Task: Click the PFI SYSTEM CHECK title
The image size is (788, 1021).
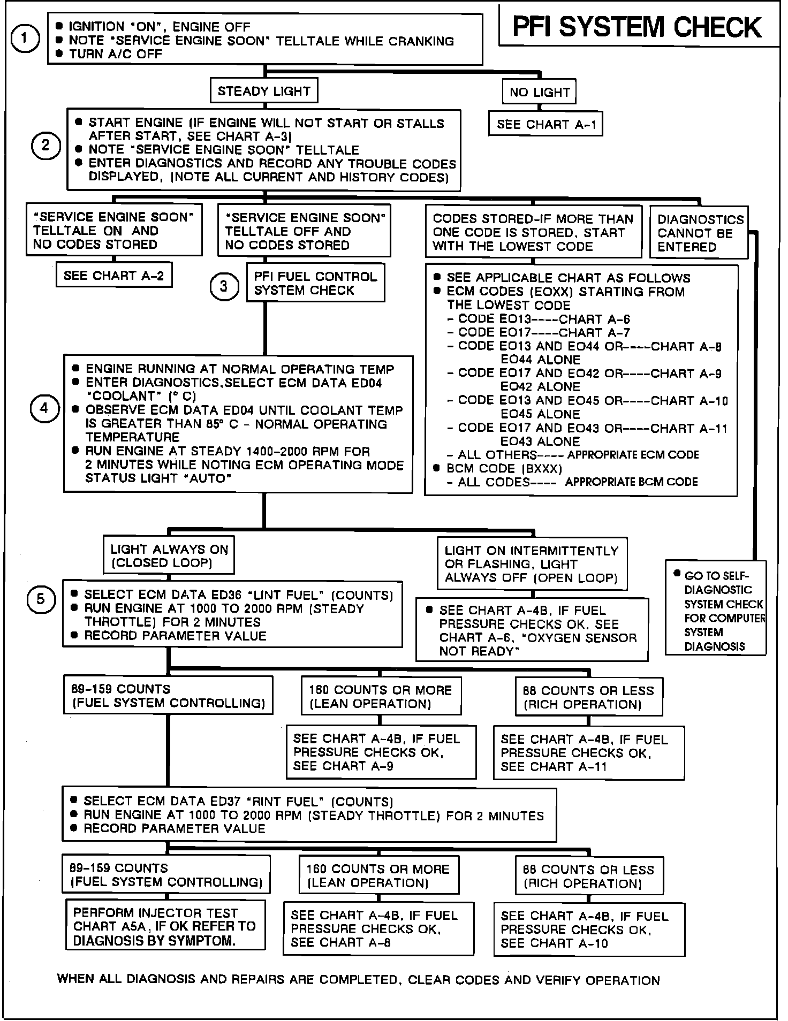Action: point(637,27)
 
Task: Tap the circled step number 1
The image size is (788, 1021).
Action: point(25,40)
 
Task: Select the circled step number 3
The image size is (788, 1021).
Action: point(224,286)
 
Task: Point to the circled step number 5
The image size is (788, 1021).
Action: point(41,599)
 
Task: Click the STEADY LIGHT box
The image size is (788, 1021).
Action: point(264,91)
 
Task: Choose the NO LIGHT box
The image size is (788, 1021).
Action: point(539,92)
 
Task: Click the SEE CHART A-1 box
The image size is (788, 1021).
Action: point(545,125)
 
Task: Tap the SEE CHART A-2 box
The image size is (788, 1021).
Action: point(113,276)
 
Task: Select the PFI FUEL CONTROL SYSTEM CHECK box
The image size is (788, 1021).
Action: point(315,283)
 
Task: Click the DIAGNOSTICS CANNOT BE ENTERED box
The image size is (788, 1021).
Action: point(700,233)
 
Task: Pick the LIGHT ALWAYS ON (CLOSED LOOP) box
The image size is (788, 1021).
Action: point(169,555)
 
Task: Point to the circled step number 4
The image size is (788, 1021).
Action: point(44,409)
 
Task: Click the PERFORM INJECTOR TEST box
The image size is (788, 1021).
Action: point(165,926)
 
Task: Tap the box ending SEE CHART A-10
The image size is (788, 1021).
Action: point(588,929)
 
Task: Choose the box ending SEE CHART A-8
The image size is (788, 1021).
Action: point(378,929)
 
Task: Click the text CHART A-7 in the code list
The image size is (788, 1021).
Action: point(594,332)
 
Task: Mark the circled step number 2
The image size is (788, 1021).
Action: point(46,146)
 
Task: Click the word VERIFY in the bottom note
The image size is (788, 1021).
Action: point(556,980)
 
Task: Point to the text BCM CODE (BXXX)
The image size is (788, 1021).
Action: point(504,469)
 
